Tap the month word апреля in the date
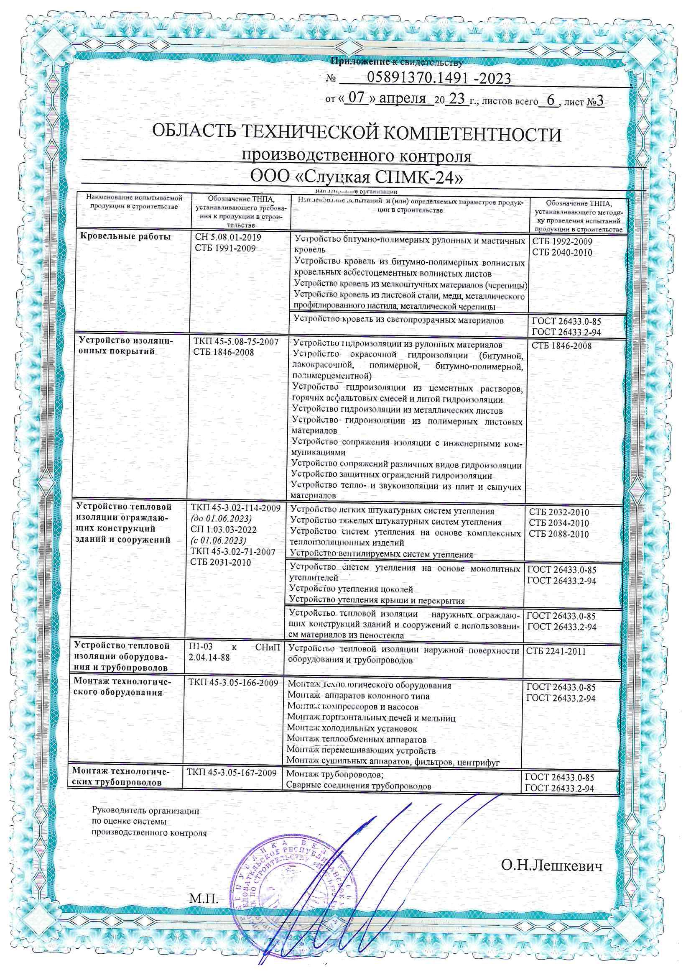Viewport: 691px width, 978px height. [x=402, y=99]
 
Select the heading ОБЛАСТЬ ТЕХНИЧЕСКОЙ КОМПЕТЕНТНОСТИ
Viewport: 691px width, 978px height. [x=356, y=135]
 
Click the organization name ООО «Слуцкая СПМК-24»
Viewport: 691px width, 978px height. [x=356, y=177]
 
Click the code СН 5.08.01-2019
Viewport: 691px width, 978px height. [x=228, y=237]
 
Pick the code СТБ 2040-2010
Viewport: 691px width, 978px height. [x=562, y=253]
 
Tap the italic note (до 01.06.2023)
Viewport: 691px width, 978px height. [x=221, y=519]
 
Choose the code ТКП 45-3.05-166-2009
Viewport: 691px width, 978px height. [x=233, y=683]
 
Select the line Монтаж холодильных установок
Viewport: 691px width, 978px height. [x=352, y=729]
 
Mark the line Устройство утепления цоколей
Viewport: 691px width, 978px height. [x=351, y=589]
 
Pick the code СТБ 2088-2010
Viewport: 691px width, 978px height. [x=559, y=534]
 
